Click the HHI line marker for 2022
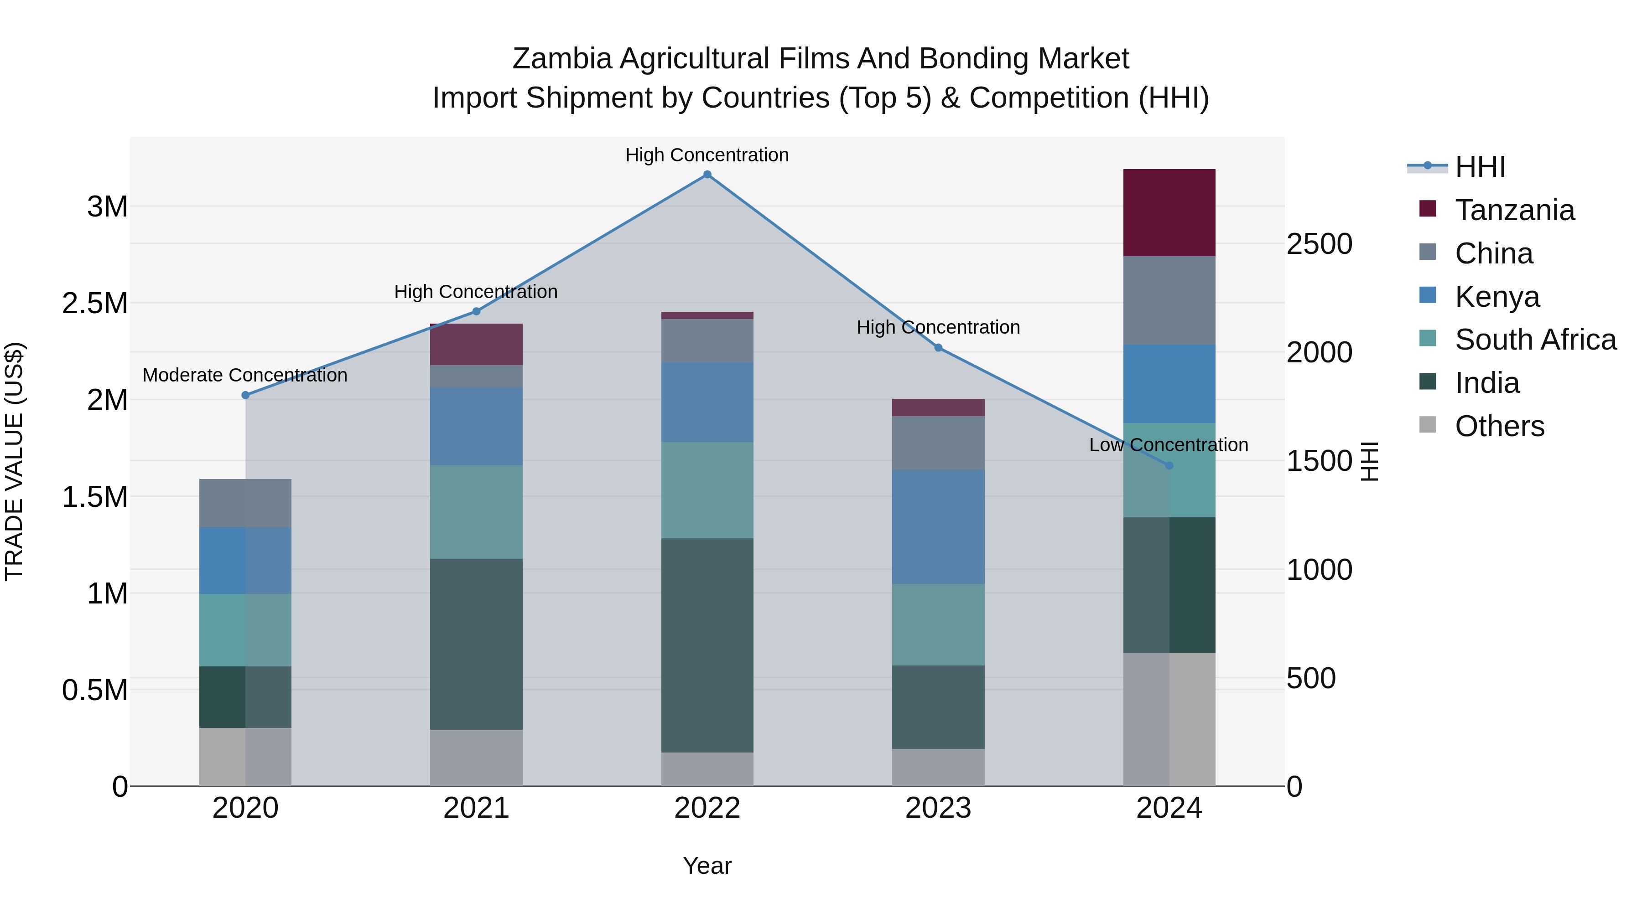707,175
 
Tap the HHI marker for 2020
245,395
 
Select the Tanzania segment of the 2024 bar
1169,213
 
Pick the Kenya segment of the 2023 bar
938,527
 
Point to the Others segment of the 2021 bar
476,758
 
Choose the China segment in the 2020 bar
245,503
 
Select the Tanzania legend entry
1514,210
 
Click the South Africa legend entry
1535,340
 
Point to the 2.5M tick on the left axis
95,303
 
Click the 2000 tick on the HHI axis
1319,352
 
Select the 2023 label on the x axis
938,808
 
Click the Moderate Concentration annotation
245,375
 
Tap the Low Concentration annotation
1169,444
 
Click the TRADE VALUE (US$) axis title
14,461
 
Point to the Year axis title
707,866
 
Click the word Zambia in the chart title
561,59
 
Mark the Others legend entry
1499,426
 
